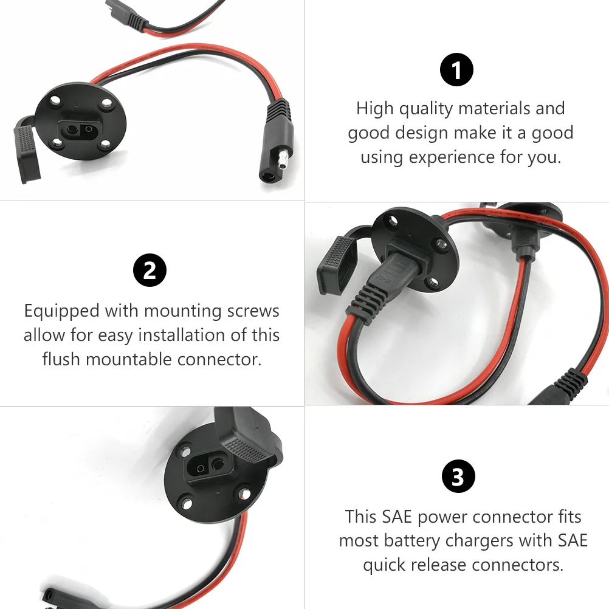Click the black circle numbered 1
pos(456,70)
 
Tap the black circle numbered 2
pos(150,271)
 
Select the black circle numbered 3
pos(457,477)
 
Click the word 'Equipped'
pos(62,311)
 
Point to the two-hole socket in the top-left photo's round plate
pos(80,130)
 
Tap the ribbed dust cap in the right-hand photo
pos(338,261)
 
